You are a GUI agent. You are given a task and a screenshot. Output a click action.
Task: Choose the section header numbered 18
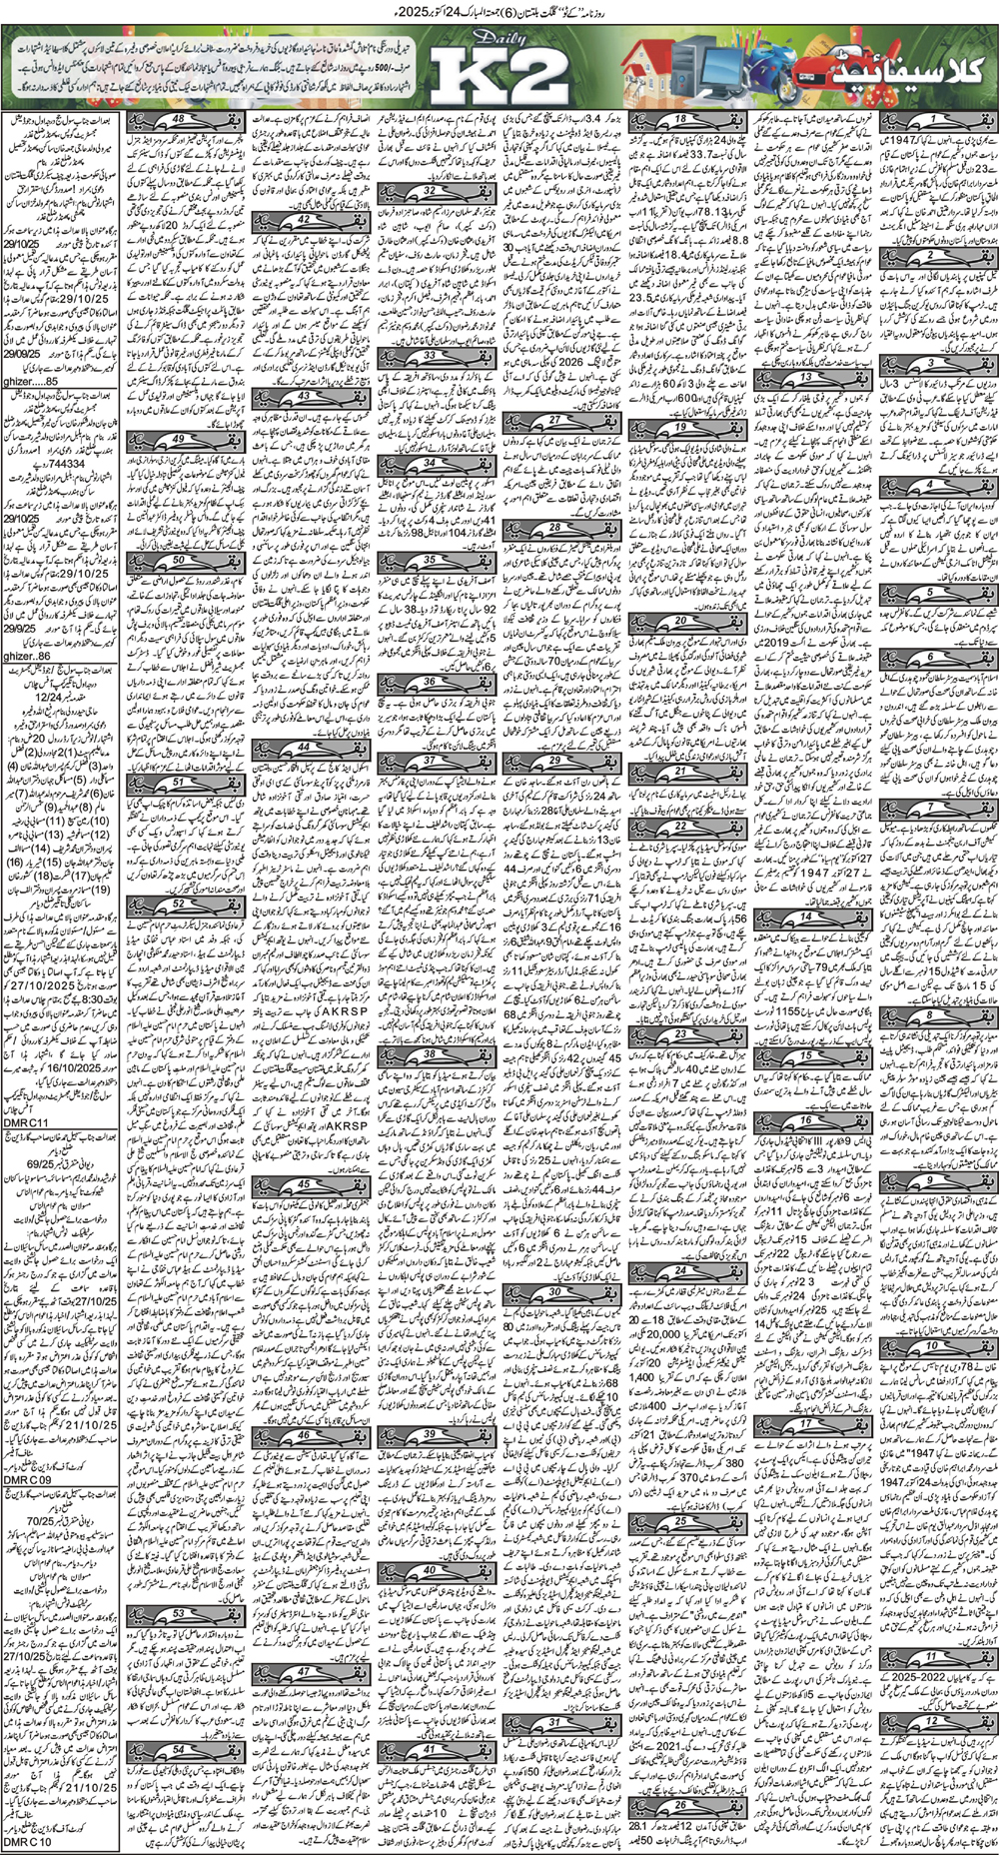pyautogui.click(x=683, y=121)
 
